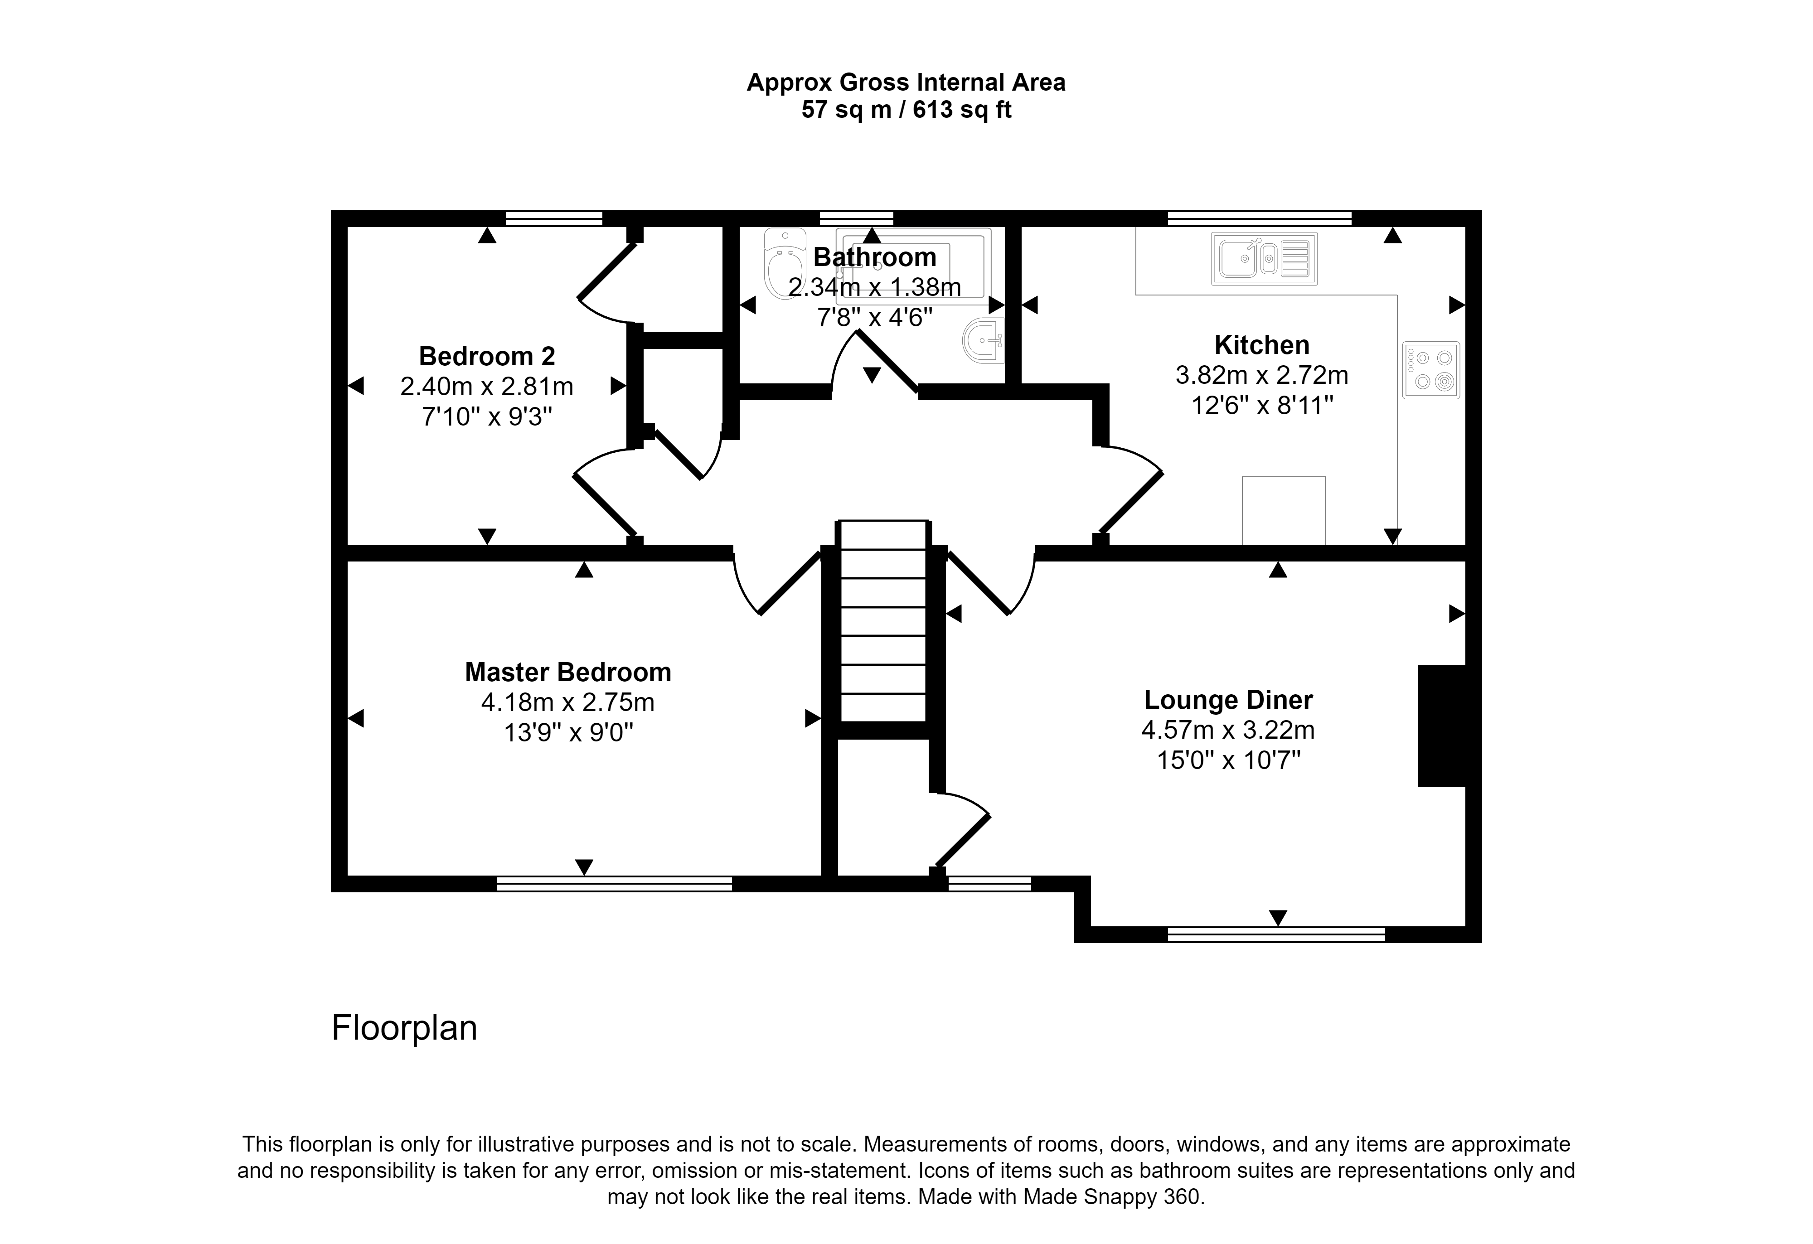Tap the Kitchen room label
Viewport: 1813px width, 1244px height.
tap(1261, 345)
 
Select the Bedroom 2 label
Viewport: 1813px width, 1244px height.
tap(487, 356)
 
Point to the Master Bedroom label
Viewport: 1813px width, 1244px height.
tap(568, 673)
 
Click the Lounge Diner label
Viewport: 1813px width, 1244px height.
tap(1229, 700)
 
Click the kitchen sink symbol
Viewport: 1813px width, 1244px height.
tap(1264, 258)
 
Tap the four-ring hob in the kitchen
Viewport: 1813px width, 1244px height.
tap(1431, 370)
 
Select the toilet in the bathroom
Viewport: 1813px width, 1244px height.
tap(784, 263)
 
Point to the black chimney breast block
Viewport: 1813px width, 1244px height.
tap(1442, 726)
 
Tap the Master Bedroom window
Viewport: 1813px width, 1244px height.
tap(614, 884)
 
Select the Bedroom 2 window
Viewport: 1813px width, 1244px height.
tap(554, 218)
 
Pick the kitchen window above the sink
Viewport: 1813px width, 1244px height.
tap(1259, 218)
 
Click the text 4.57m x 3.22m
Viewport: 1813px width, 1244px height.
tap(1228, 730)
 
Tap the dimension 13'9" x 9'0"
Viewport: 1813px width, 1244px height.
tap(568, 733)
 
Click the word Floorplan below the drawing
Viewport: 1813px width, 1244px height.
tap(404, 1028)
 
